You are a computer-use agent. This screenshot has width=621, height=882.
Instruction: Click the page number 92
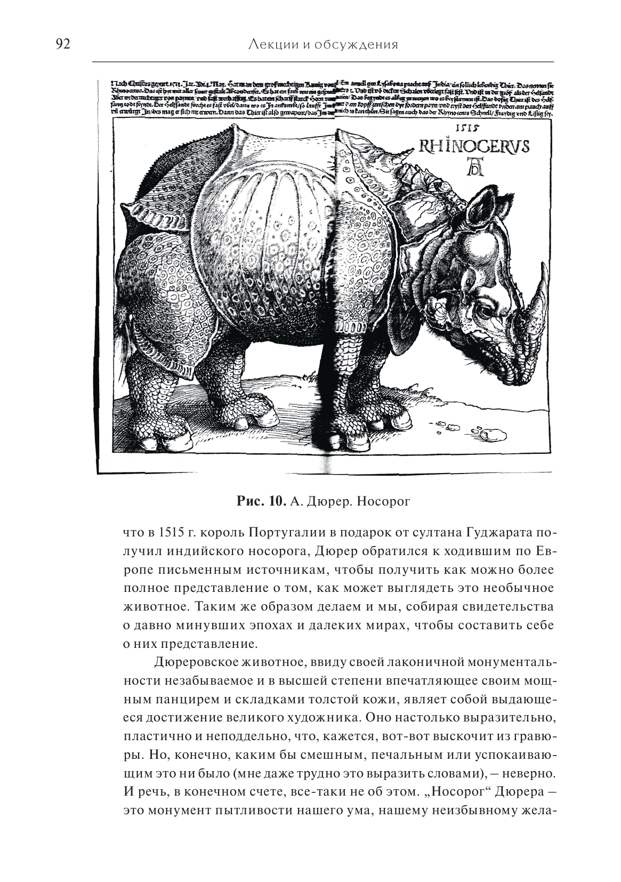[63, 45]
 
